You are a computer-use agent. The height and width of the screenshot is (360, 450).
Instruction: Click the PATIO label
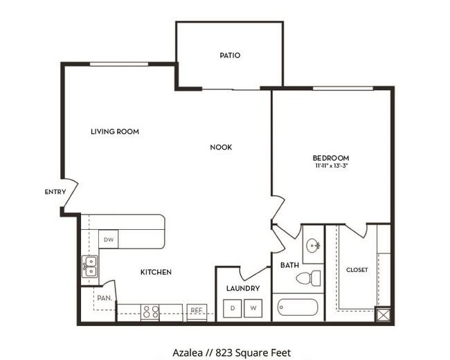coord(230,55)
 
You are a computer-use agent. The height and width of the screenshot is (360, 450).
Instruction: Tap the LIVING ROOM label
coord(115,132)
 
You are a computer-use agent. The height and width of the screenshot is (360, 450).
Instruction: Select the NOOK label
coord(221,147)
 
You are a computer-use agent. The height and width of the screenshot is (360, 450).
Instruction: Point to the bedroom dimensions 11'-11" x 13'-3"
coord(332,165)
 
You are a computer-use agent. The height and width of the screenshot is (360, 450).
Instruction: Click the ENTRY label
coord(55,192)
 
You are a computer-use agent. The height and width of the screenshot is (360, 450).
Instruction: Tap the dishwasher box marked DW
coord(109,239)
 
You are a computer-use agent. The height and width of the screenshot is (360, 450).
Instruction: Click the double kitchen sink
coord(90,267)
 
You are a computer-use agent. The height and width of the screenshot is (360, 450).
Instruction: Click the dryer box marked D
coord(232,308)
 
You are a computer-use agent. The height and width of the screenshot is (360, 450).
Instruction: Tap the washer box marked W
coord(253,308)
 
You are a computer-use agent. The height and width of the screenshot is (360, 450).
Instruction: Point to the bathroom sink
coord(313,246)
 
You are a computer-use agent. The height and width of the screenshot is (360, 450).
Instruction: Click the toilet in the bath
coord(309,278)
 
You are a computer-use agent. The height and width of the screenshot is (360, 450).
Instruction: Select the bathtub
coord(298,307)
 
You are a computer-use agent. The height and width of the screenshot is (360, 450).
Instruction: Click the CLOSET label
coord(357,270)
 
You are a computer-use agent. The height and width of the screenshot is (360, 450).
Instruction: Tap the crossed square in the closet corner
coord(383,314)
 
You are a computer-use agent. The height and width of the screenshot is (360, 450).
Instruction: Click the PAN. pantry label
coord(105,298)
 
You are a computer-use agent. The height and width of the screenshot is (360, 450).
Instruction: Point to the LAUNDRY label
coord(243,288)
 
